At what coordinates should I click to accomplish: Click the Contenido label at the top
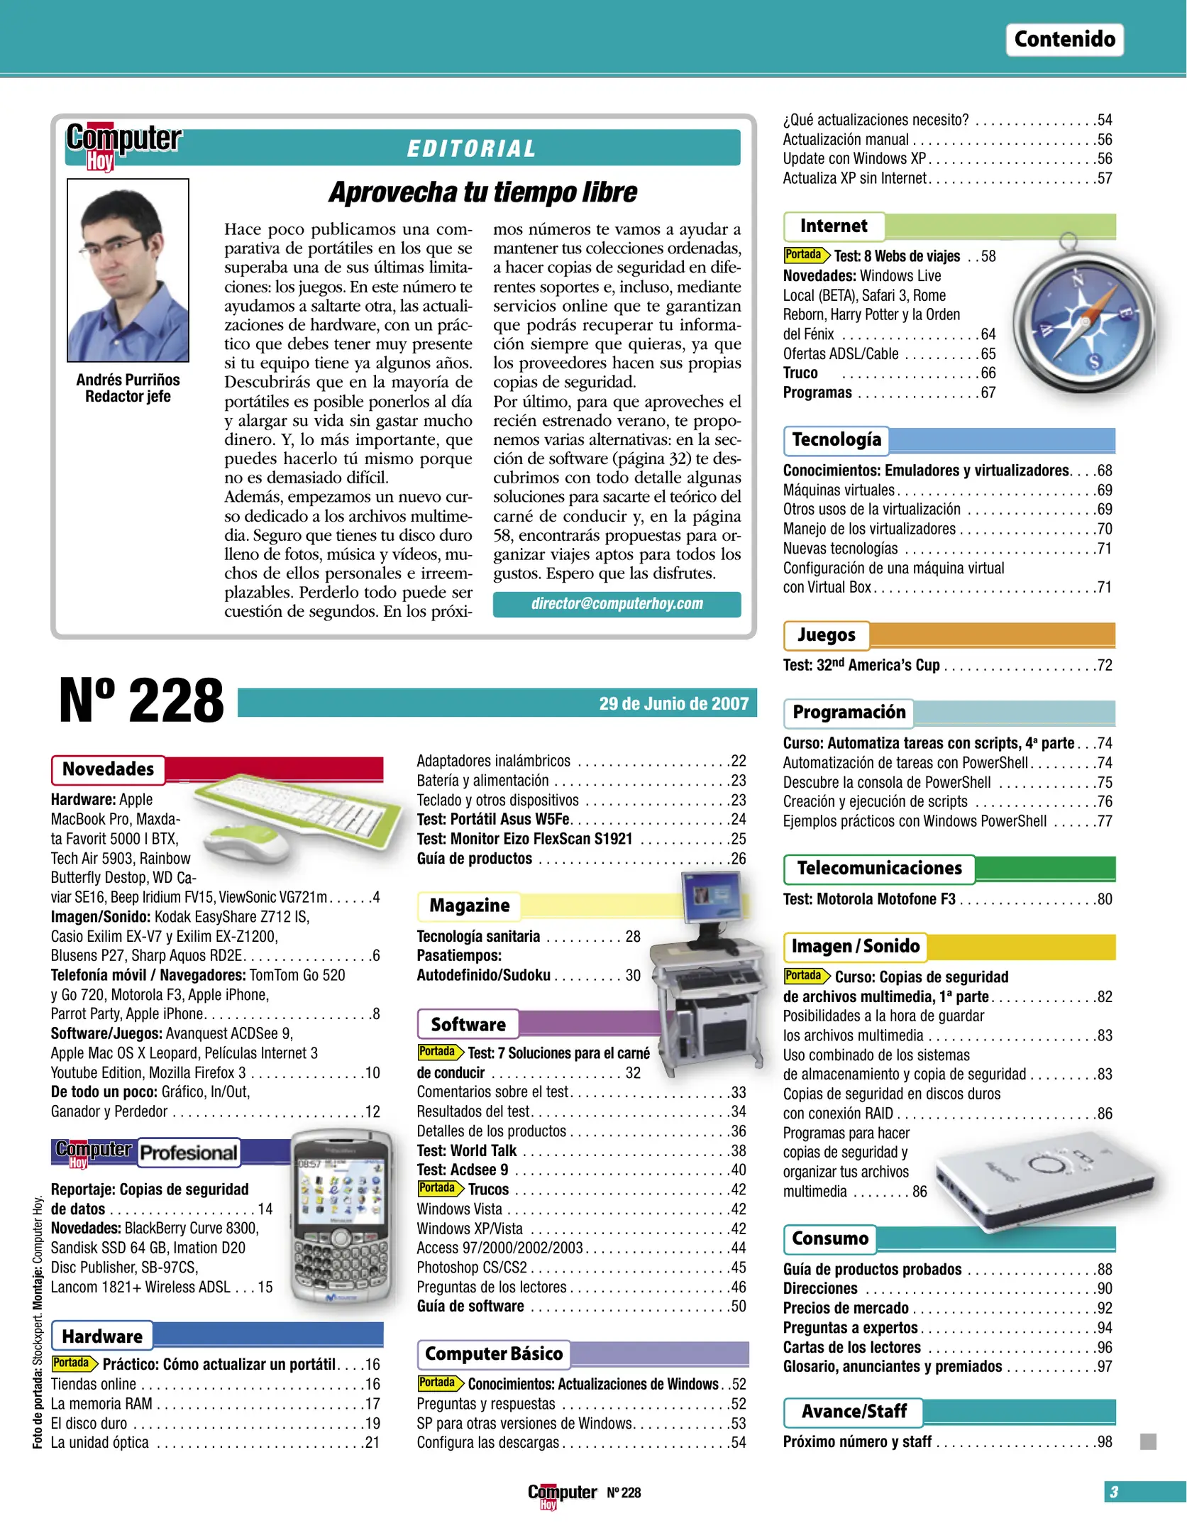click(1064, 39)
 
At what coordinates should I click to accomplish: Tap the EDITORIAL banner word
click(472, 148)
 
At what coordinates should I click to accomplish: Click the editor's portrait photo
click(128, 270)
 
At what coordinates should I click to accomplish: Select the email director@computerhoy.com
click(617, 604)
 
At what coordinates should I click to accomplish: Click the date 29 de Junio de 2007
click(673, 703)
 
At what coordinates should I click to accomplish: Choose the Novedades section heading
click(108, 769)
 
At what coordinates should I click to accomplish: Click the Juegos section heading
click(826, 635)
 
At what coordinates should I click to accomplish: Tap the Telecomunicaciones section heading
click(879, 869)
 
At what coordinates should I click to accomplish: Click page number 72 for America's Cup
click(1104, 666)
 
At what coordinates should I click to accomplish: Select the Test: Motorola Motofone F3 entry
click(869, 899)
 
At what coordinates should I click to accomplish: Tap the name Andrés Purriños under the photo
click(128, 380)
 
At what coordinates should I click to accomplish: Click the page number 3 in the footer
click(1113, 1492)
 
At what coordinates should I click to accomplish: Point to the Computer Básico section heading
click(494, 1354)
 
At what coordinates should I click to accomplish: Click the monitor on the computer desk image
click(711, 896)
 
